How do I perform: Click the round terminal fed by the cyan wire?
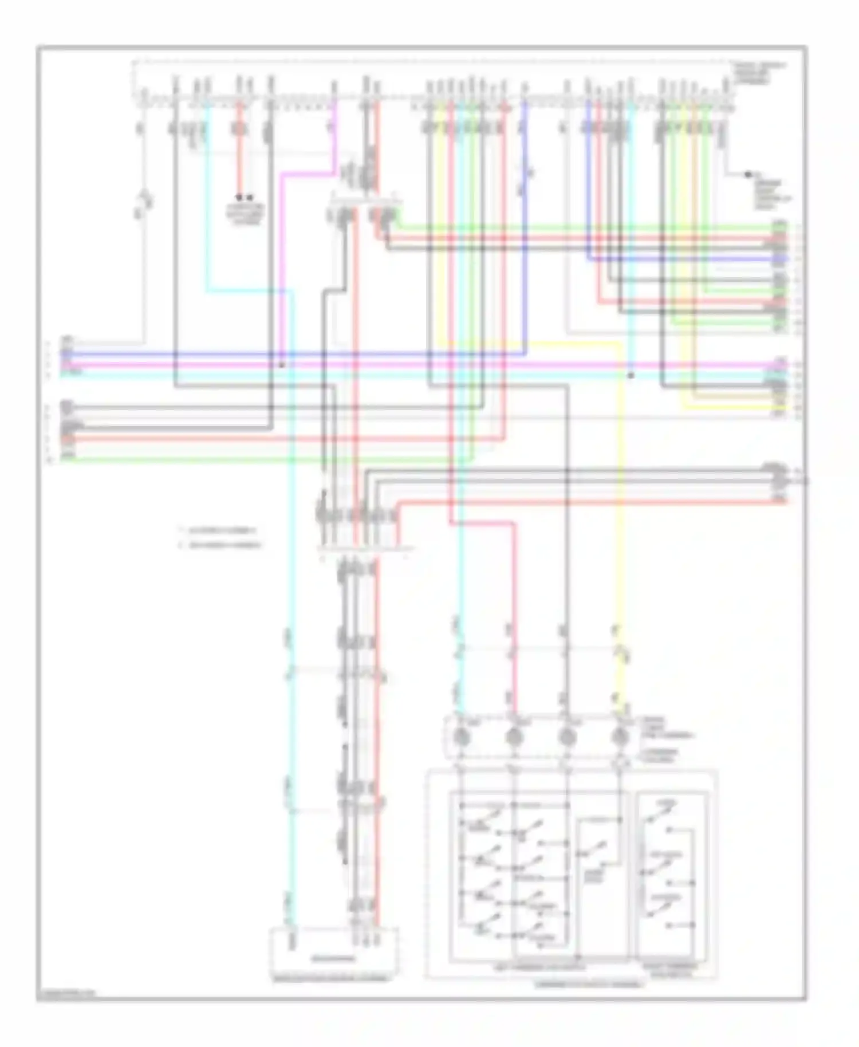click(462, 737)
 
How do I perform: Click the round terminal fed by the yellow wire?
click(620, 737)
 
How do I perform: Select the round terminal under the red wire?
click(514, 737)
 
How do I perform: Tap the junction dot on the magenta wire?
click(281, 364)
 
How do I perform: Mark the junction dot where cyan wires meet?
click(631, 376)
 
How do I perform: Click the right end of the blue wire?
click(786, 259)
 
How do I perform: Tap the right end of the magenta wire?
click(786, 364)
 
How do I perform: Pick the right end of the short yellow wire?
click(786, 407)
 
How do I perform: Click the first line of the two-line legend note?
click(220, 531)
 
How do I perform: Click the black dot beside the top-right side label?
click(748, 174)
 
